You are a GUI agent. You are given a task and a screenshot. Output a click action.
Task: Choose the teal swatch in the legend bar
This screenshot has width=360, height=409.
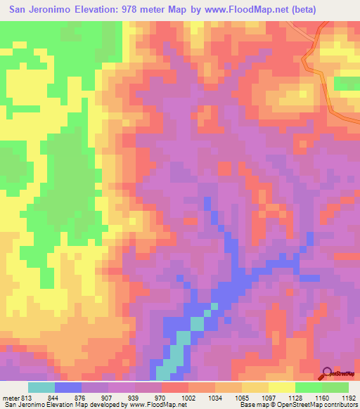pos(41,387)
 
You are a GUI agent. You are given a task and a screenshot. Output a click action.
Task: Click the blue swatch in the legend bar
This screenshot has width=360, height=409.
pos(68,387)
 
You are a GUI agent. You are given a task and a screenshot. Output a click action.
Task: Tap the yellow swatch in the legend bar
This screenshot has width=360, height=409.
pos(281,387)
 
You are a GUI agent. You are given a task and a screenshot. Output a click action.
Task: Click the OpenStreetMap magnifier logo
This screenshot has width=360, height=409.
pos(328,372)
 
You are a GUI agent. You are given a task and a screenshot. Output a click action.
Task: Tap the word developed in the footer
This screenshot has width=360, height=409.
pos(108,405)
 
